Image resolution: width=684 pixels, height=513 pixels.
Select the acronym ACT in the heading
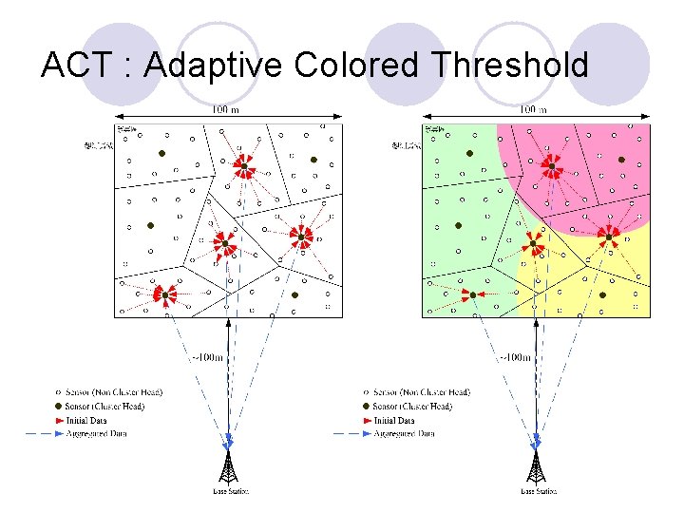click(79, 66)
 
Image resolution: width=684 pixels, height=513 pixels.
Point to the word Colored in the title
click(356, 66)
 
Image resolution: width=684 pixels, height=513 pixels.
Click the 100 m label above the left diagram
click(226, 110)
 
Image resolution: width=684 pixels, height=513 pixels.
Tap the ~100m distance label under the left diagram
click(208, 358)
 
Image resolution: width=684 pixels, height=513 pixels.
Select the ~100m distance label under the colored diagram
click(515, 358)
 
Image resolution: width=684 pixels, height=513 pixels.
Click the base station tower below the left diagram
click(227, 467)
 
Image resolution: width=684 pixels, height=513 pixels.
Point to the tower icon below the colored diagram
click(536, 467)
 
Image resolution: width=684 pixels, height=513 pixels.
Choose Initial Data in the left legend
click(107, 420)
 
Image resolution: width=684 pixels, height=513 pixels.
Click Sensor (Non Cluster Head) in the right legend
click(422, 392)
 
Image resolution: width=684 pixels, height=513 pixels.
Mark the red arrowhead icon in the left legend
click(59, 420)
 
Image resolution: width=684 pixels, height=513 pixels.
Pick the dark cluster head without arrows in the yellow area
click(601, 294)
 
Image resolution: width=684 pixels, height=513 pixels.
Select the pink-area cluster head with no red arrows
click(621, 160)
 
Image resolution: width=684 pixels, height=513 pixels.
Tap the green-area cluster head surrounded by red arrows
click(473, 295)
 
